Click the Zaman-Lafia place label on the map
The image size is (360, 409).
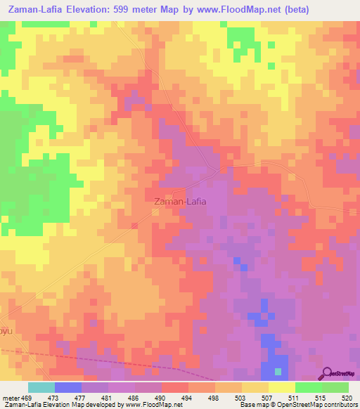pyautogui.click(x=180, y=202)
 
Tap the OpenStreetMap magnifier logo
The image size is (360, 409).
pyautogui.click(x=328, y=372)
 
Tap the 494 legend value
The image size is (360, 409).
pyautogui.click(x=188, y=397)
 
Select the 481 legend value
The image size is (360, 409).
pyautogui.click(x=108, y=397)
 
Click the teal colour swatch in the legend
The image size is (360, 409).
pyautogui.click(x=41, y=387)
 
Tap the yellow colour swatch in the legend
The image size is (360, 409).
pyautogui.click(x=281, y=387)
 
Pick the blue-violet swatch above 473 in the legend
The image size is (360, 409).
pyautogui.click(x=67, y=387)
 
